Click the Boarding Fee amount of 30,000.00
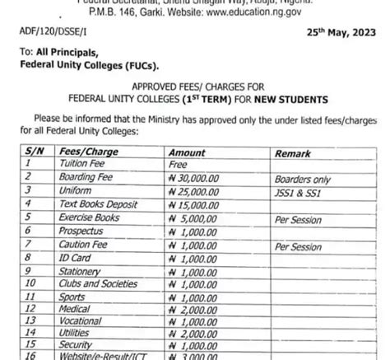(197, 176)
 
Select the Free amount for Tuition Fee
(179, 165)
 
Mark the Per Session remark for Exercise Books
(301, 220)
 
